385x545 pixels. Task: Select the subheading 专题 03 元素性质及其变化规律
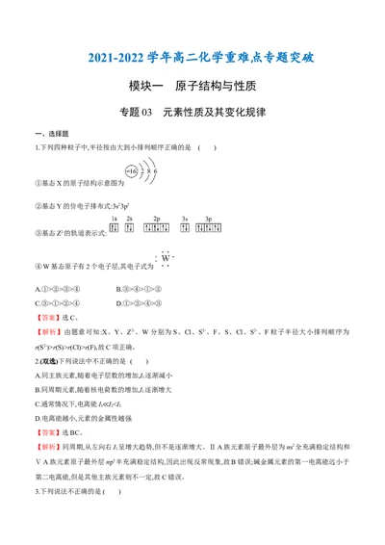pos(192,112)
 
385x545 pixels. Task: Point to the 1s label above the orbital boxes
pos(115,221)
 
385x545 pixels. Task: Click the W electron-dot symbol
pos(165,257)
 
